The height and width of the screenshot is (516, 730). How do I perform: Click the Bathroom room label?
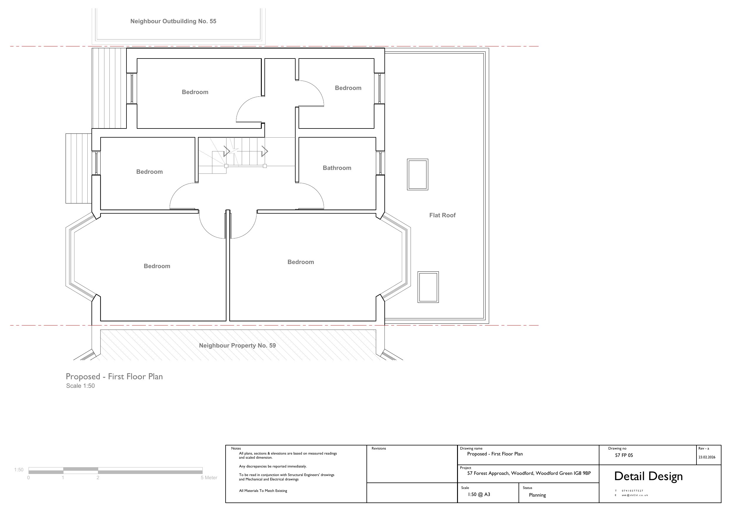tap(337, 168)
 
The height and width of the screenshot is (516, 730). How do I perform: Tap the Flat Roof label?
tap(442, 215)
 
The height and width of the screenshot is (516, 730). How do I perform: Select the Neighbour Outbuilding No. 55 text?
tap(173, 21)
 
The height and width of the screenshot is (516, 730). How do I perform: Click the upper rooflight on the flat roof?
tap(417, 175)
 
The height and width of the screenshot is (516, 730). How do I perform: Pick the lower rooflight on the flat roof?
tap(428, 287)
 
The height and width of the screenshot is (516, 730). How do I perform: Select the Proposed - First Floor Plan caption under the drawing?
tap(114, 376)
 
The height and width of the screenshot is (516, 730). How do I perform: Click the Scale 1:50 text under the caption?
tap(80, 386)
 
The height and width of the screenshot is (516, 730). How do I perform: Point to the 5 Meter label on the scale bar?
tap(209, 477)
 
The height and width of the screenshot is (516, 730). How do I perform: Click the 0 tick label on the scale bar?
tap(29, 477)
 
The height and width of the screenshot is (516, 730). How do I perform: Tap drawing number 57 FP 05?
tap(624, 455)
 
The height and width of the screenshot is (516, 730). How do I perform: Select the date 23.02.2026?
tap(707, 457)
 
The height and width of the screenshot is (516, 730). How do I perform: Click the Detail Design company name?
tap(648, 476)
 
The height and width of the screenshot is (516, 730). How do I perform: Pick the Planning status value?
tap(537, 495)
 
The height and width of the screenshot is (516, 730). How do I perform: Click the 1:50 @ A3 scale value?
tap(479, 494)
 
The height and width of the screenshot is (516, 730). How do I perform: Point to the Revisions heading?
tap(379, 448)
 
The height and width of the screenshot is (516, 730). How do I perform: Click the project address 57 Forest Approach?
tap(529, 473)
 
